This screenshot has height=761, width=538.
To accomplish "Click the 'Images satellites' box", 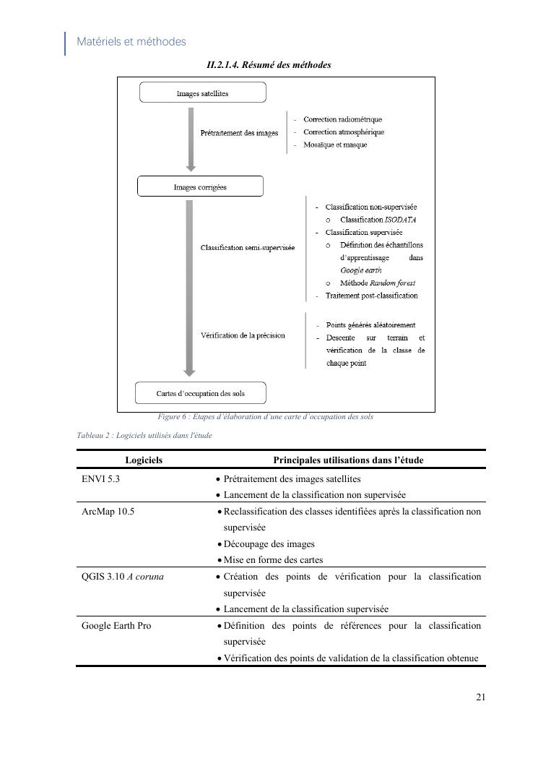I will click(202, 93).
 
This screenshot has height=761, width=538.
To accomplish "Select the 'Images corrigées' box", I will click(200, 187).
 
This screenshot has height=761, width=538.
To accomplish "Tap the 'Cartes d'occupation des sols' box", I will click(201, 394).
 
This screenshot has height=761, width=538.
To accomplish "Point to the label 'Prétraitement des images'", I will click(239, 133).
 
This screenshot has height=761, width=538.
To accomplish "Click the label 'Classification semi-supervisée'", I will click(248, 248).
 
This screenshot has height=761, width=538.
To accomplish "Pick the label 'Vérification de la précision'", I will click(243, 335).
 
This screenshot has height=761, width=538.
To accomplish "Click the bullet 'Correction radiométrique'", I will click(342, 119).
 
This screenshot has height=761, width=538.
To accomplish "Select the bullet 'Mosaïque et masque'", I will click(335, 145).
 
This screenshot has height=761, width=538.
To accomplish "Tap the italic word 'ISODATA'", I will click(400, 220).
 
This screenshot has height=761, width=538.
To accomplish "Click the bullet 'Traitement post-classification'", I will click(371, 296).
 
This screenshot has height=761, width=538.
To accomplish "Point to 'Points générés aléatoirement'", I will click(370, 325).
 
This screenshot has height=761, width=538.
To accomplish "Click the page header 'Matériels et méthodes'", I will click(131, 42).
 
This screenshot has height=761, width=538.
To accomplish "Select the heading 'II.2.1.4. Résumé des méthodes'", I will click(269, 65).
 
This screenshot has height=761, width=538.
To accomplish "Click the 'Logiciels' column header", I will click(144, 460).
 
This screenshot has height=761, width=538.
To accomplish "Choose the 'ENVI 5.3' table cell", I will click(100, 479).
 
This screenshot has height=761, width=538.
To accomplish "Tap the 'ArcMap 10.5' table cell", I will click(108, 512).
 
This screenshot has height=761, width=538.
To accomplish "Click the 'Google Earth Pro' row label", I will click(116, 626).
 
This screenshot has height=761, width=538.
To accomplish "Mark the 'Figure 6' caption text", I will click(265, 417).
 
